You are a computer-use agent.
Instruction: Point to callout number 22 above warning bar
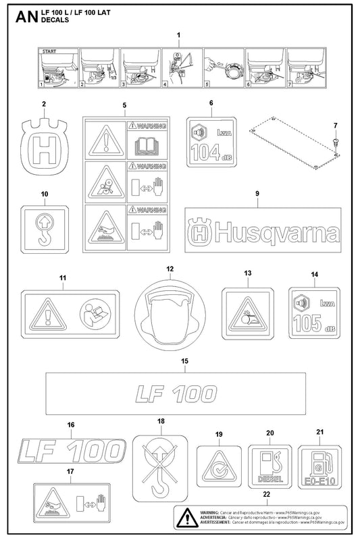(x=265, y=495)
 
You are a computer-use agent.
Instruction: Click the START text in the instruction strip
(x=49, y=51)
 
